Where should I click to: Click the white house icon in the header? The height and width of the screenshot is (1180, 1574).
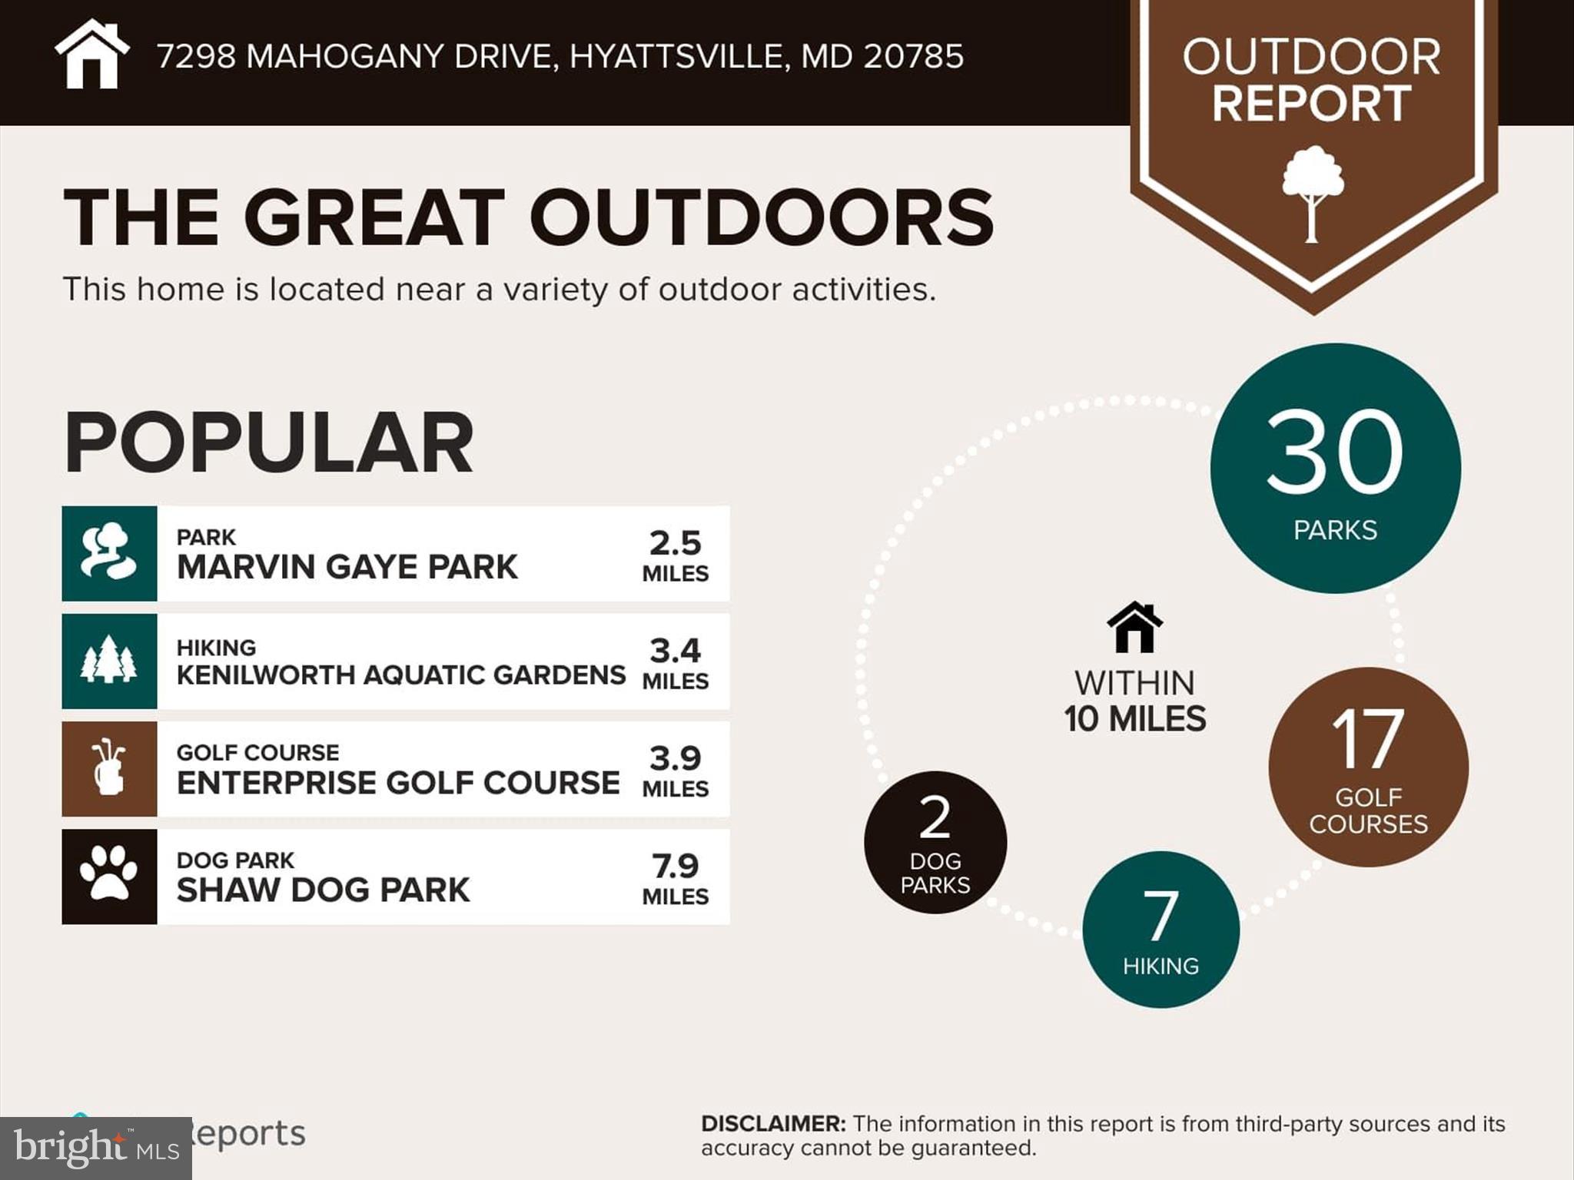(x=91, y=55)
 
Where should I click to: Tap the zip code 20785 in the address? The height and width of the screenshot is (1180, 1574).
(x=913, y=56)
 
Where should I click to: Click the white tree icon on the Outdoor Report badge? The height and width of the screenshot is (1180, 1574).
(x=1313, y=193)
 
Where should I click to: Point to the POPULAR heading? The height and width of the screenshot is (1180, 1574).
(x=268, y=443)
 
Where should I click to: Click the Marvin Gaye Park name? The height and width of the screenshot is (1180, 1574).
(x=347, y=567)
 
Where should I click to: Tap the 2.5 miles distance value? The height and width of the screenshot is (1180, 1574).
(x=675, y=543)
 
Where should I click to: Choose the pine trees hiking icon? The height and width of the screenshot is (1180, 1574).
(x=109, y=661)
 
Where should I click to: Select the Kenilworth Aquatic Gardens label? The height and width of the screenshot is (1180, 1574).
(x=400, y=675)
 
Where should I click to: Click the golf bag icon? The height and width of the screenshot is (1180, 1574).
(x=109, y=768)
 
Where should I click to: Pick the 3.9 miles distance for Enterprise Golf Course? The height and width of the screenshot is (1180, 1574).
(x=675, y=758)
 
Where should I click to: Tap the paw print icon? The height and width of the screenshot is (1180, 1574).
(x=109, y=876)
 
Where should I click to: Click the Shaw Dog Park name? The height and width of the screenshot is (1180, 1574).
(x=323, y=890)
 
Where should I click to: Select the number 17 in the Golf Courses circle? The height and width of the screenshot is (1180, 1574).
(x=1368, y=739)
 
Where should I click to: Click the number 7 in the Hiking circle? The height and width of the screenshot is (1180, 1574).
(x=1161, y=915)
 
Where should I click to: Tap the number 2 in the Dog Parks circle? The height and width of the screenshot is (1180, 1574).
(x=935, y=817)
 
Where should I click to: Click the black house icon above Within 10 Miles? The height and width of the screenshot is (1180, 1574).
(x=1134, y=628)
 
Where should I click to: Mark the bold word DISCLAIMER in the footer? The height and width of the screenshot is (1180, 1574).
(x=772, y=1124)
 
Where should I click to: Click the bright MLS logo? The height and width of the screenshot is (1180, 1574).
(x=95, y=1148)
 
